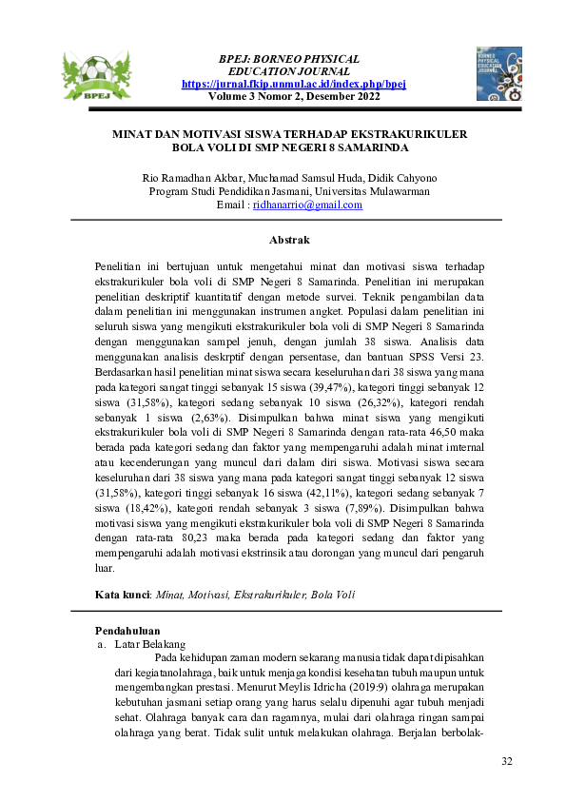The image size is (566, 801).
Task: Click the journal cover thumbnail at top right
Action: pos(498,73)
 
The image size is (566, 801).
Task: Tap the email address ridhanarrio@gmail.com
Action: pos(307,205)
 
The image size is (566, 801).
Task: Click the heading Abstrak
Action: pos(289,240)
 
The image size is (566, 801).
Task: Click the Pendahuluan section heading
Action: pos(127,631)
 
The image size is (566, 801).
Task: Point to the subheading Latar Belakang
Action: pos(144,644)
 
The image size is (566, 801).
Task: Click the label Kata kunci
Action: pos(124,595)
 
